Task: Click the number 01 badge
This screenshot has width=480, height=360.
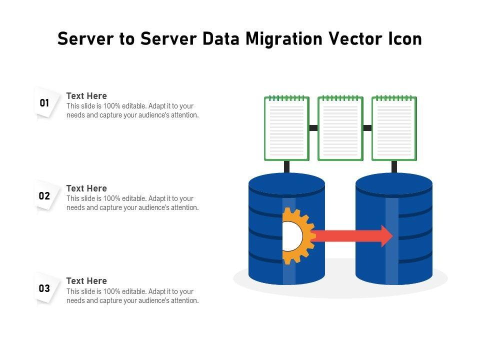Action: pos(44,103)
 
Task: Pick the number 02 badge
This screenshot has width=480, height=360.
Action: pos(44,196)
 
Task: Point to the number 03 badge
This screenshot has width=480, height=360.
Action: pos(44,288)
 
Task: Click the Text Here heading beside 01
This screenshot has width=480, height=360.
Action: pos(86,96)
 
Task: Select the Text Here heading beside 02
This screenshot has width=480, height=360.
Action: pos(86,188)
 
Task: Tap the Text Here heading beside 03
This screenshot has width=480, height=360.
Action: pos(86,281)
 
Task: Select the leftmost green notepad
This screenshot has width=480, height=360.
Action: pos(286,128)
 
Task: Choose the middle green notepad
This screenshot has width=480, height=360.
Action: pos(340,128)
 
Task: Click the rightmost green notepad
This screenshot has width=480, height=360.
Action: pos(394,128)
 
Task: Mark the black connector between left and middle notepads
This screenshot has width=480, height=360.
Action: pos(313,128)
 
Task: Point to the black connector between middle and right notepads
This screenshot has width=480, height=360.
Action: pos(367,128)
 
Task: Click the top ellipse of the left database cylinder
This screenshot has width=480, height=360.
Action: pos(286,183)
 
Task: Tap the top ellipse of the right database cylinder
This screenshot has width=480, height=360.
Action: pos(394,183)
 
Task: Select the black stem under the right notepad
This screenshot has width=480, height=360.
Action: pos(394,166)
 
